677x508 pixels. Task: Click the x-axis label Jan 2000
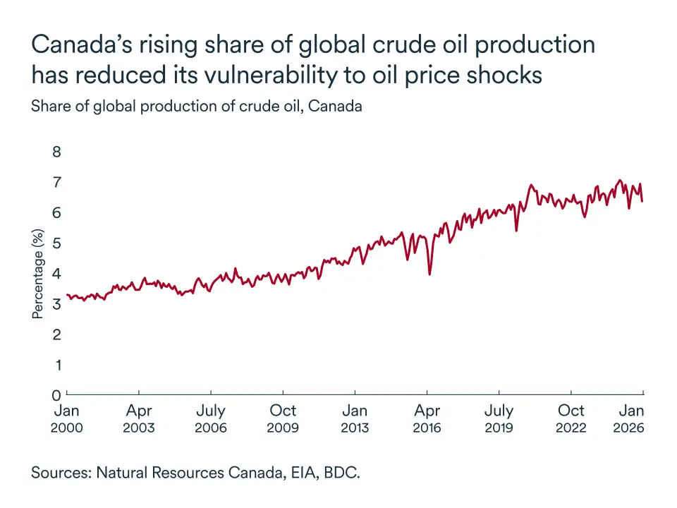click(67, 418)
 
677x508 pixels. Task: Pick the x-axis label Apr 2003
click(139, 418)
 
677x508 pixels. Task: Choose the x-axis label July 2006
click(211, 418)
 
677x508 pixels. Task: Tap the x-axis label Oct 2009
click(283, 418)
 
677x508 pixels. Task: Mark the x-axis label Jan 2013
click(355, 418)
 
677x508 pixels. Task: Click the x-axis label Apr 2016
click(427, 418)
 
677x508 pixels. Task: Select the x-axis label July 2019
click(499, 418)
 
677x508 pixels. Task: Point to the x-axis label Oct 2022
click(571, 418)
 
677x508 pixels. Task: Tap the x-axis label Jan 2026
click(631, 418)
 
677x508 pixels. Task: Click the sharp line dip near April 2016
click(430, 274)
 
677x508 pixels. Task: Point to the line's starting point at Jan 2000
click(68, 295)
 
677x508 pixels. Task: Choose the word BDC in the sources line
click(340, 473)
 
